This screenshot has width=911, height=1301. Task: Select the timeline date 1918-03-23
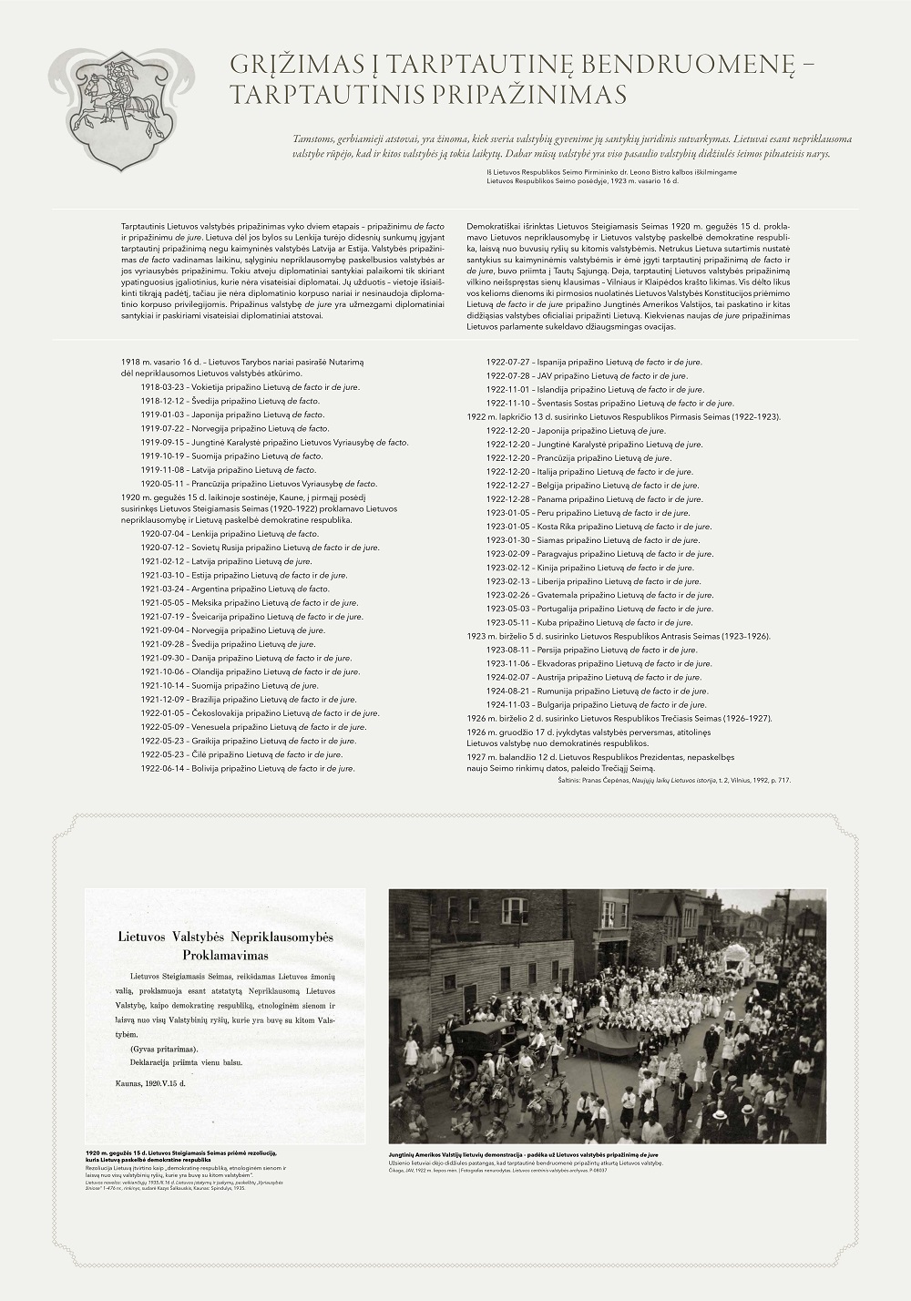click(160, 387)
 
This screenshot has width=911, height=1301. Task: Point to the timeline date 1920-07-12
click(160, 548)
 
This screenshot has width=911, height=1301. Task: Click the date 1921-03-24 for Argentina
click(160, 589)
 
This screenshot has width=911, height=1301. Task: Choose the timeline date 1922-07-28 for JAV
click(506, 374)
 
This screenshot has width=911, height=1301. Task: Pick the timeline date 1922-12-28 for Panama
click(506, 499)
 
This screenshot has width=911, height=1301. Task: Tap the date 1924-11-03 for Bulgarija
click(506, 704)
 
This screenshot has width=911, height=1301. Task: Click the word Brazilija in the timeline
click(206, 699)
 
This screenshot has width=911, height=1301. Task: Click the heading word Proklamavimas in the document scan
click(227, 955)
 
